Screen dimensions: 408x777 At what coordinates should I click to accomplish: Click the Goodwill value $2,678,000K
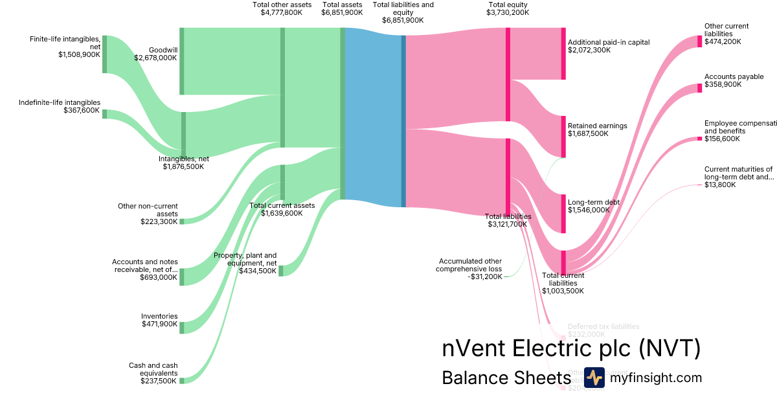[x=155, y=58]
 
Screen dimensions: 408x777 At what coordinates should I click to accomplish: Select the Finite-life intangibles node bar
[x=104, y=54]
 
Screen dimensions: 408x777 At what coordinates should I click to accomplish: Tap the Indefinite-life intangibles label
[x=60, y=102]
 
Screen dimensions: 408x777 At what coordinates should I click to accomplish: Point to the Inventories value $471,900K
[x=159, y=324]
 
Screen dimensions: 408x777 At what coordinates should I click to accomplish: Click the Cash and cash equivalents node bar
[x=182, y=381]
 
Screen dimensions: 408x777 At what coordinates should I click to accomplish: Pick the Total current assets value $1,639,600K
[x=282, y=213]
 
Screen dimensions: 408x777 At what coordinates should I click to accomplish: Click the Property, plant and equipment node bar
[x=281, y=270]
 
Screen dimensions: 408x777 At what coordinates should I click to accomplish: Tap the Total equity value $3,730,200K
[x=508, y=12]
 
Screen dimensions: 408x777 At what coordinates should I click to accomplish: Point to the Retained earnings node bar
[x=563, y=136]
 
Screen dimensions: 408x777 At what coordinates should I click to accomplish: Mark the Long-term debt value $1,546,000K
[x=589, y=210]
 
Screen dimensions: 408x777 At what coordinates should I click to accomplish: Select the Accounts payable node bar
[x=699, y=87]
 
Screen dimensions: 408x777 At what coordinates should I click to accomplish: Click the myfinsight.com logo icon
[x=594, y=378]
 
